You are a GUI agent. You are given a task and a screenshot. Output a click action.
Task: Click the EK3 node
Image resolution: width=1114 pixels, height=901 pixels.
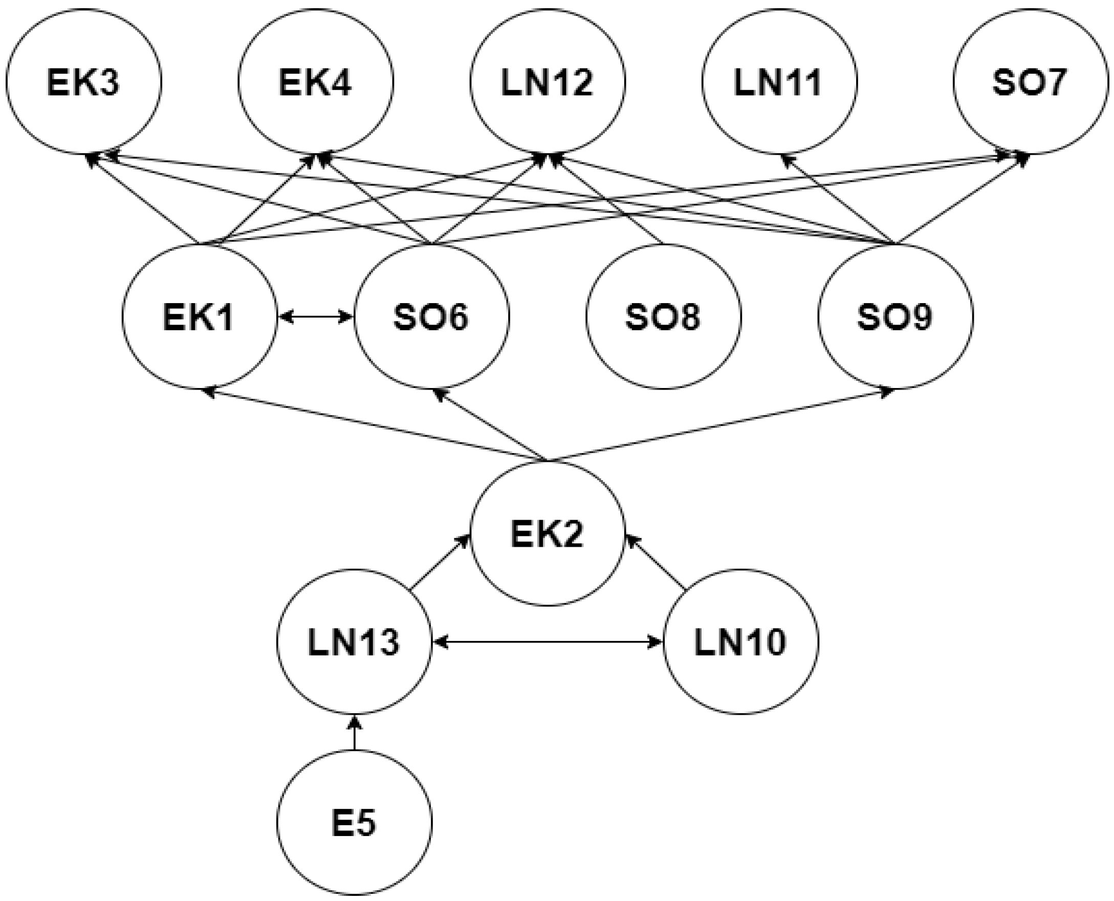[x=83, y=82]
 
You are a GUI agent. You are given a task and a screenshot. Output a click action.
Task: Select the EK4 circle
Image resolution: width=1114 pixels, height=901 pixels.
[x=315, y=82]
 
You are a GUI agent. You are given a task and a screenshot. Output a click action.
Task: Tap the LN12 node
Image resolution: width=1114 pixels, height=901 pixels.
[x=548, y=82]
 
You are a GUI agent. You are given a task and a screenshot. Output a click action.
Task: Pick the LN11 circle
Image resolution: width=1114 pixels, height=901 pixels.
[x=779, y=82]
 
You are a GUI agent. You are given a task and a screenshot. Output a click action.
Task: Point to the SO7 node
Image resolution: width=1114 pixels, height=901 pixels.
[x=1030, y=82]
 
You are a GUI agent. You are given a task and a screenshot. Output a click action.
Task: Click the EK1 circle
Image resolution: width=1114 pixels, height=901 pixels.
[x=199, y=316]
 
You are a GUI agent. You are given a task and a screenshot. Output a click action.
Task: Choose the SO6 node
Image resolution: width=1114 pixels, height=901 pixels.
[x=431, y=316]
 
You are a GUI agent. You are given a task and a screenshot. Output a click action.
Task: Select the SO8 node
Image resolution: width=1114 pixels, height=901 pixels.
[x=663, y=316]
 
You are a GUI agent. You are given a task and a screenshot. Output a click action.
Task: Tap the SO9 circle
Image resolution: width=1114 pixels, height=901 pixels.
[x=895, y=316]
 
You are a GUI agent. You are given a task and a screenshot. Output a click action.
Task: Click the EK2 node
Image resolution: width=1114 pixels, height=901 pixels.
[x=548, y=533]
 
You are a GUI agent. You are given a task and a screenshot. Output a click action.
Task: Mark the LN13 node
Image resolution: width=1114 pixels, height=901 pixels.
[x=354, y=642]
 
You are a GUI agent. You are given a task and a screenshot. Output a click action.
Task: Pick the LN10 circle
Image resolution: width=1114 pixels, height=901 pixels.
[x=741, y=642]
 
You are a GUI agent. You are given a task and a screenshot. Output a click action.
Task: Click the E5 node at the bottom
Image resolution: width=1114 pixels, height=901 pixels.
[x=354, y=824]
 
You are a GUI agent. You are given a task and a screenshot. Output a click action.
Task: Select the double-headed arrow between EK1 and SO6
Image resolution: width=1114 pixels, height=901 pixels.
[x=315, y=316]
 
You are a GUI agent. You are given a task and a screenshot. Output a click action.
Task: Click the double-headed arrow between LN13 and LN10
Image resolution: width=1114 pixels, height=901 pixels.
[x=548, y=642]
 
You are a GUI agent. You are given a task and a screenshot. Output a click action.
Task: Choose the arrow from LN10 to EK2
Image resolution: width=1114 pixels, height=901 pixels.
[x=657, y=564]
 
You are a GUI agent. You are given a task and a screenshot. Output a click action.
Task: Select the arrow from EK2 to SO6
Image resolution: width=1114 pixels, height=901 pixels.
[x=490, y=424]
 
